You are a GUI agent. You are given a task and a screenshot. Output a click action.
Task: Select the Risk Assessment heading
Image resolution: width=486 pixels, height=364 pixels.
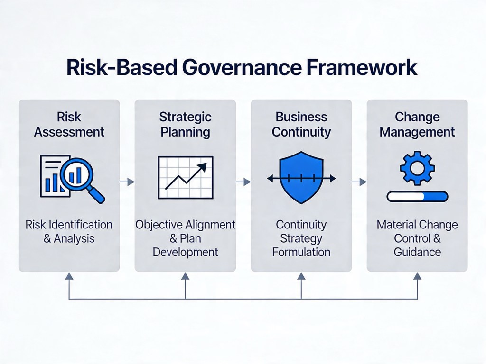click(69, 125)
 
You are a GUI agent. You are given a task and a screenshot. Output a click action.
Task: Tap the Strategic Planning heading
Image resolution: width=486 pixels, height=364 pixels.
click(186, 125)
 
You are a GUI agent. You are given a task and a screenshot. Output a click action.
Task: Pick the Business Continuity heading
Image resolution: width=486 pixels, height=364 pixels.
click(301, 125)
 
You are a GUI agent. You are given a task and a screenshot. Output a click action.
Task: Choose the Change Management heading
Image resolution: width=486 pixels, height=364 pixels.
click(417, 125)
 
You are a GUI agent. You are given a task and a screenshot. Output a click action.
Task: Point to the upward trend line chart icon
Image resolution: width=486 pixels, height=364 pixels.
click(186, 178)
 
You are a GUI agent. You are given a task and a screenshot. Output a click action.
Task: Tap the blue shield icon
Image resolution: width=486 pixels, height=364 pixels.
click(301, 178)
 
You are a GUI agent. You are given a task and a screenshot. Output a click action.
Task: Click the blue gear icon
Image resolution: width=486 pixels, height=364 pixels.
click(417, 168)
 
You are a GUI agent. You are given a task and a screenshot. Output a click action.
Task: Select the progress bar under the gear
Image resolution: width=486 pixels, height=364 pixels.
click(417, 197)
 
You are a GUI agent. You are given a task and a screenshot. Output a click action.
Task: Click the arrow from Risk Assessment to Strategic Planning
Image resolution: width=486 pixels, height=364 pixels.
click(127, 182)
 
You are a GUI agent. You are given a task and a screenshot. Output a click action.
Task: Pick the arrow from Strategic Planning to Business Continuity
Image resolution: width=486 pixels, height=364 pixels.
click(243, 182)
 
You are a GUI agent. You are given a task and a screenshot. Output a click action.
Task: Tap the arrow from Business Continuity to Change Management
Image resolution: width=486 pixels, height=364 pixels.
click(359, 182)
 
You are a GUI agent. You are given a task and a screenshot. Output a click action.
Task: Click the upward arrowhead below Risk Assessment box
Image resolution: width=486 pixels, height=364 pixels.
click(69, 276)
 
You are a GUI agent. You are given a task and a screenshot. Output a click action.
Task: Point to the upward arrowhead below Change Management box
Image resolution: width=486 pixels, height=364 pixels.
click(418, 276)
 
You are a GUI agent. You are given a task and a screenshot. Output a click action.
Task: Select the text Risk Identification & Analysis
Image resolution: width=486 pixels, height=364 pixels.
click(69, 231)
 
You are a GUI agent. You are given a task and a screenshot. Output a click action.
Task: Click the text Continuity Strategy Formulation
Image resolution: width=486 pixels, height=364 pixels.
click(301, 238)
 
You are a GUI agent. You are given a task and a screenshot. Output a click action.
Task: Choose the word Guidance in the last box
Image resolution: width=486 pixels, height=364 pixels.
click(417, 252)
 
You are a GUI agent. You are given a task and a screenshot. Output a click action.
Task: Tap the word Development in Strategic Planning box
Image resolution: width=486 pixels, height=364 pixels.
click(186, 252)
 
